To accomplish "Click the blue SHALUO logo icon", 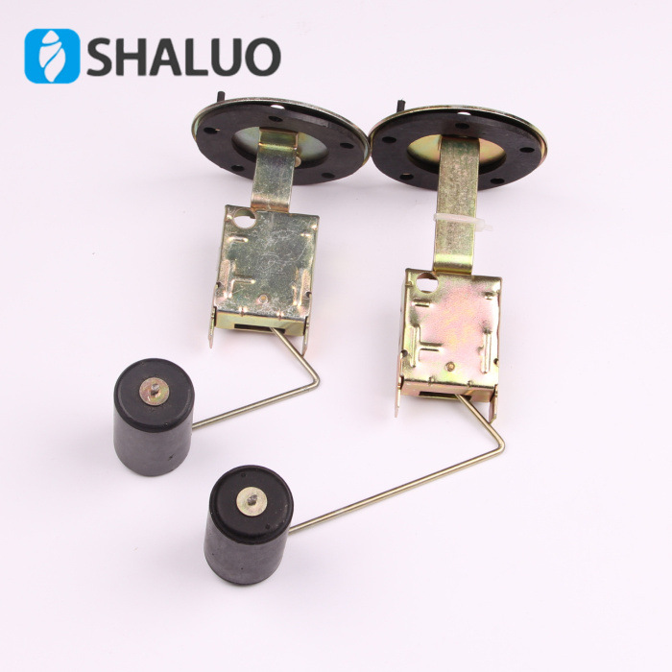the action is pos(52,56).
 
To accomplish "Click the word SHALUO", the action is pos(184,57).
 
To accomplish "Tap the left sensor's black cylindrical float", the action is pos(154,417).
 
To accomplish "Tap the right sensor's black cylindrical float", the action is pos(249,524).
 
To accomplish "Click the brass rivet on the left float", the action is pos(154,391).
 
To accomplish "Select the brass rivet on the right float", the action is pos(252,501).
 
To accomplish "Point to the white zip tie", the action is pos(463,223).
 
